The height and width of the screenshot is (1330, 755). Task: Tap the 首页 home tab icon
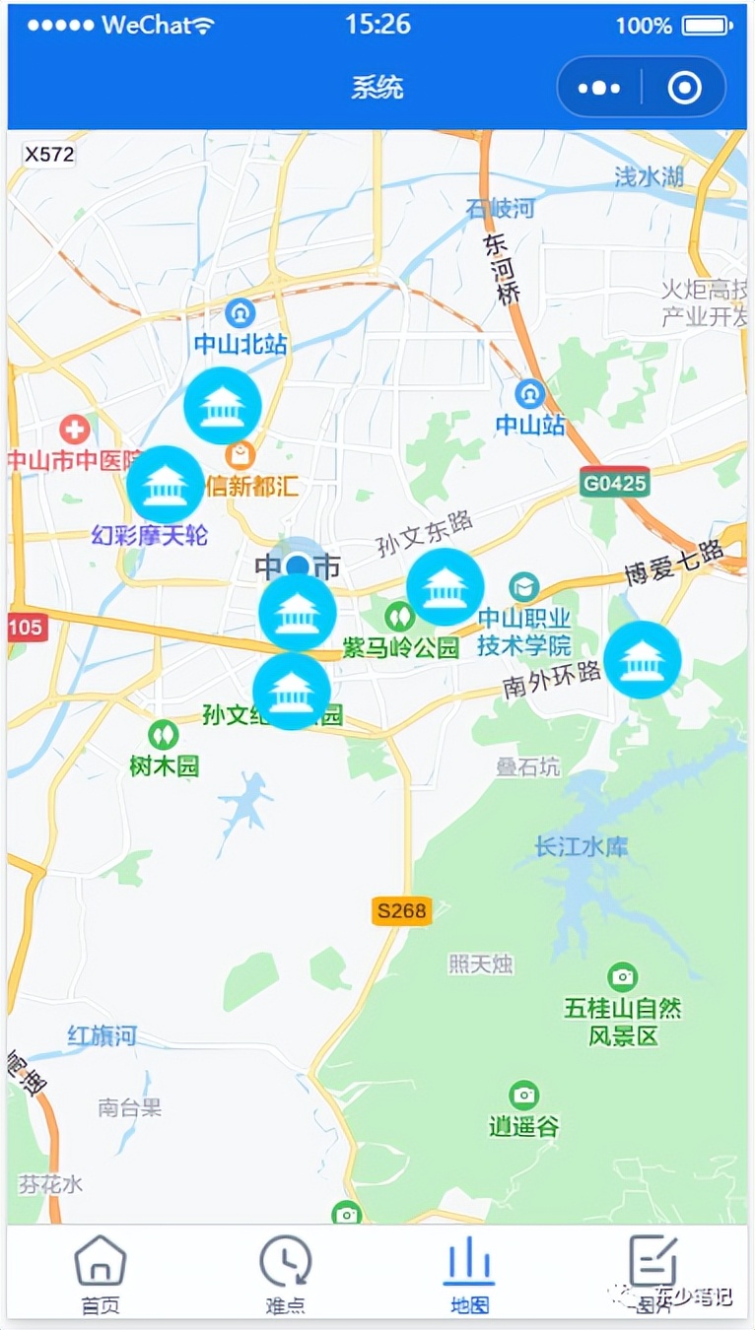(x=101, y=1262)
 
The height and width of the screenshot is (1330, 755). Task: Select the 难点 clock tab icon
(x=286, y=1262)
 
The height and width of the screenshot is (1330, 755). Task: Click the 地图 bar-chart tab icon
(x=469, y=1261)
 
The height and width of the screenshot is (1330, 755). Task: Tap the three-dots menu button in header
(x=599, y=89)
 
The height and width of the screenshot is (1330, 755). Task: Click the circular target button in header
(x=684, y=89)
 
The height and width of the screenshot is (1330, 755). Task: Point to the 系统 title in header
(x=377, y=88)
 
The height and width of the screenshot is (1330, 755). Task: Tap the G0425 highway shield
(x=614, y=484)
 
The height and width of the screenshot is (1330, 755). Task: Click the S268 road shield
(x=401, y=911)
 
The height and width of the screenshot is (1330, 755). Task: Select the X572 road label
(x=49, y=154)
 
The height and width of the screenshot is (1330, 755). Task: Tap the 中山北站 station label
(x=240, y=344)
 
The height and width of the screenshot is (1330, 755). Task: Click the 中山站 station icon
(x=530, y=394)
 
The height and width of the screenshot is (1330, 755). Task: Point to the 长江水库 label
(x=581, y=846)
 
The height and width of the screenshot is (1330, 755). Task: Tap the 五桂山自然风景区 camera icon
(x=622, y=976)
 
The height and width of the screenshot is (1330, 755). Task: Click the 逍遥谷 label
(x=523, y=1126)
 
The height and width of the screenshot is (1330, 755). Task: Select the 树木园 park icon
(x=163, y=734)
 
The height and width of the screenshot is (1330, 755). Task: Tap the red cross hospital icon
(x=74, y=429)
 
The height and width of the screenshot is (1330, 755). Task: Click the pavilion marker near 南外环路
(x=643, y=660)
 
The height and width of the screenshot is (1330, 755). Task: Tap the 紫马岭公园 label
(x=401, y=647)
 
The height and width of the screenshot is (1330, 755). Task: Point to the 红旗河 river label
(x=102, y=1035)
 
